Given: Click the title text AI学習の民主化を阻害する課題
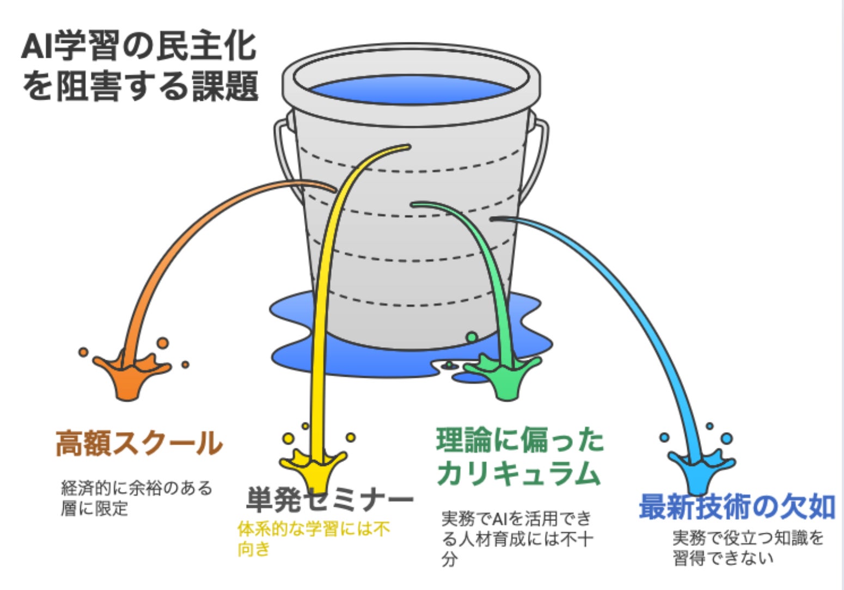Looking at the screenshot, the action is pyautogui.click(x=139, y=67).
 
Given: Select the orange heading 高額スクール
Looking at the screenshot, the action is pyautogui.click(x=139, y=443).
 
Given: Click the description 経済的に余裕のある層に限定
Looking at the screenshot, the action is pyautogui.click(x=136, y=497).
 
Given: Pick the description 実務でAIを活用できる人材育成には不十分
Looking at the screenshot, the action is pyautogui.click(x=516, y=538).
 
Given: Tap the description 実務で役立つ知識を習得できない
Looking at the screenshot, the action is pyautogui.click(x=748, y=548).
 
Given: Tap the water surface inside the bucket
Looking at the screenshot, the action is pyautogui.click(x=411, y=90).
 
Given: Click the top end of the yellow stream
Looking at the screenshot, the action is pyautogui.click(x=405, y=146).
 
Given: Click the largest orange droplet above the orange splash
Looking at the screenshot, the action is pyautogui.click(x=162, y=343).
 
